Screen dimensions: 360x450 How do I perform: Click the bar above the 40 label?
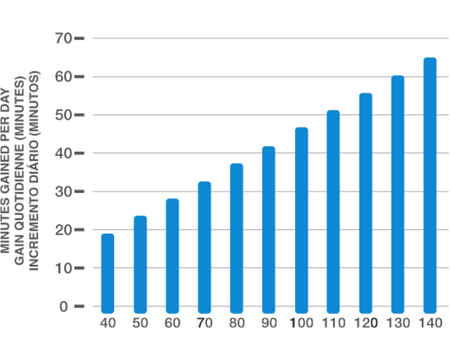tap(107, 271)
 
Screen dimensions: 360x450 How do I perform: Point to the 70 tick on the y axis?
tap(64, 38)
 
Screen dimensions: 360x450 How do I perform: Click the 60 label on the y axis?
tap(64, 76)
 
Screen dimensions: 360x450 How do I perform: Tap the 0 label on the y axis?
tap(64, 306)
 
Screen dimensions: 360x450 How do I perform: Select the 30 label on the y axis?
tap(64, 191)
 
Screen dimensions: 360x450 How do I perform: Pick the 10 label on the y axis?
tap(64, 268)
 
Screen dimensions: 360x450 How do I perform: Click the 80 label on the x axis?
tap(237, 322)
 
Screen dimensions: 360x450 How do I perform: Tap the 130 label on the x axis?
tap(397, 322)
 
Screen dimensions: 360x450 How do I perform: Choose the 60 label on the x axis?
tap(172, 322)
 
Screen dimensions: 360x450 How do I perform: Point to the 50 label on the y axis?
tap(64, 115)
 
